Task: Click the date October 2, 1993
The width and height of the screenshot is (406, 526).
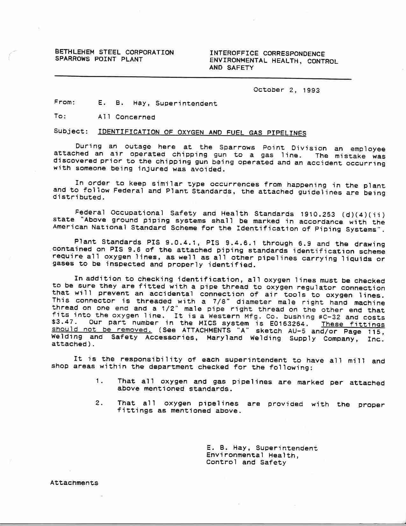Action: tap(286, 90)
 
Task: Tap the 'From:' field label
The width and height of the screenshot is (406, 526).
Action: tap(65, 102)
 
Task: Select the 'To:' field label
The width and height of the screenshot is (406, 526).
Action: tap(60, 116)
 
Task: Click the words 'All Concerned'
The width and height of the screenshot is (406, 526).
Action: tap(126, 117)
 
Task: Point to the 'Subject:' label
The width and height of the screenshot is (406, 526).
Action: tap(71, 131)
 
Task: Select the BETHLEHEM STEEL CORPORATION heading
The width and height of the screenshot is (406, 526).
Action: tap(114, 52)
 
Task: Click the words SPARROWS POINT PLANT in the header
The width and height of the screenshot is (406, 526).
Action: tap(99, 59)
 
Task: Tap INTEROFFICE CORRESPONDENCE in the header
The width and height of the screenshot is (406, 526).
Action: tap(267, 54)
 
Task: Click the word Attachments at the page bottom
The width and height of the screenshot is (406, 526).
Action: tap(74, 483)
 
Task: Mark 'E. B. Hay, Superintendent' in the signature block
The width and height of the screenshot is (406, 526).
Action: tap(262, 448)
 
